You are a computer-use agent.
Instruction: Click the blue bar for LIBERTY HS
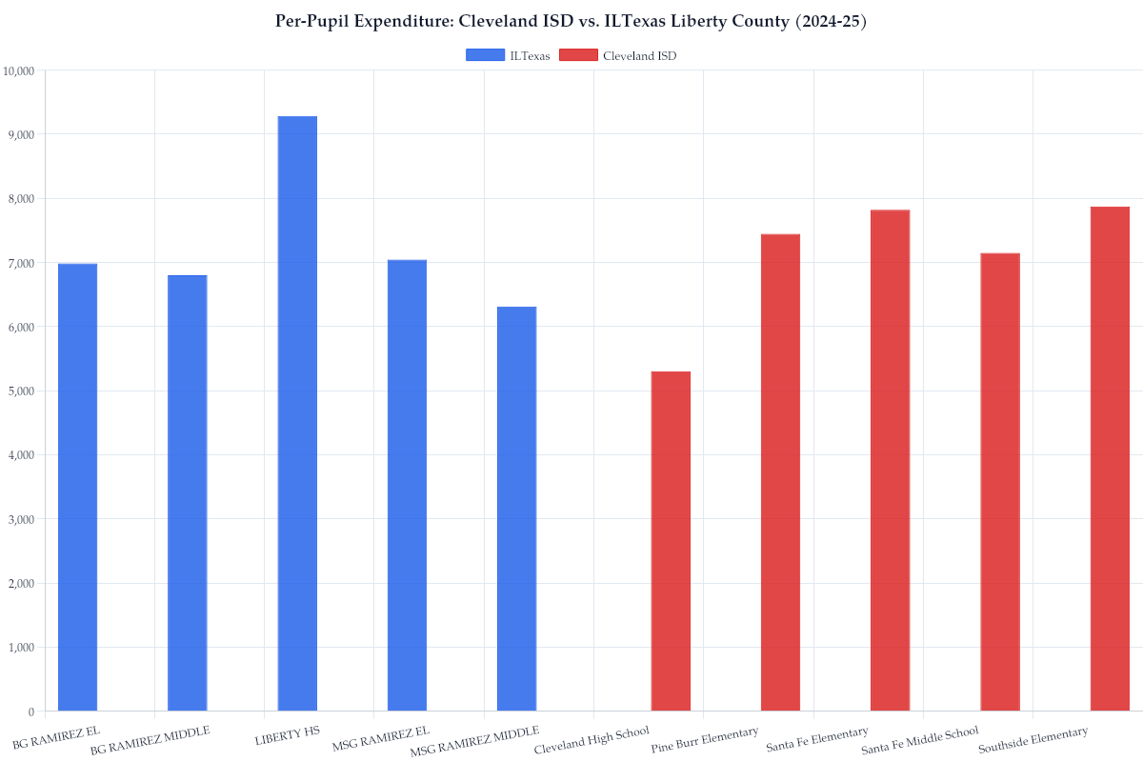point(297,413)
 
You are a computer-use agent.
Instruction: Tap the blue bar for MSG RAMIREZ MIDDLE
point(516,509)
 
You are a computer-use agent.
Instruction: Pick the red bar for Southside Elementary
point(1110,458)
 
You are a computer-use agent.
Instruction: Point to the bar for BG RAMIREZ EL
point(77,487)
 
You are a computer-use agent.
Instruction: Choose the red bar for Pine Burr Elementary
point(780,472)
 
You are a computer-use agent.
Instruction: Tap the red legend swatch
point(578,55)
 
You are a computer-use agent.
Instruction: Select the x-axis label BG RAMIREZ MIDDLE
point(150,741)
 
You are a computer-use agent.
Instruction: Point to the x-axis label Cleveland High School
point(592,741)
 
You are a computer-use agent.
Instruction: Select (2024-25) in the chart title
point(831,21)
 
